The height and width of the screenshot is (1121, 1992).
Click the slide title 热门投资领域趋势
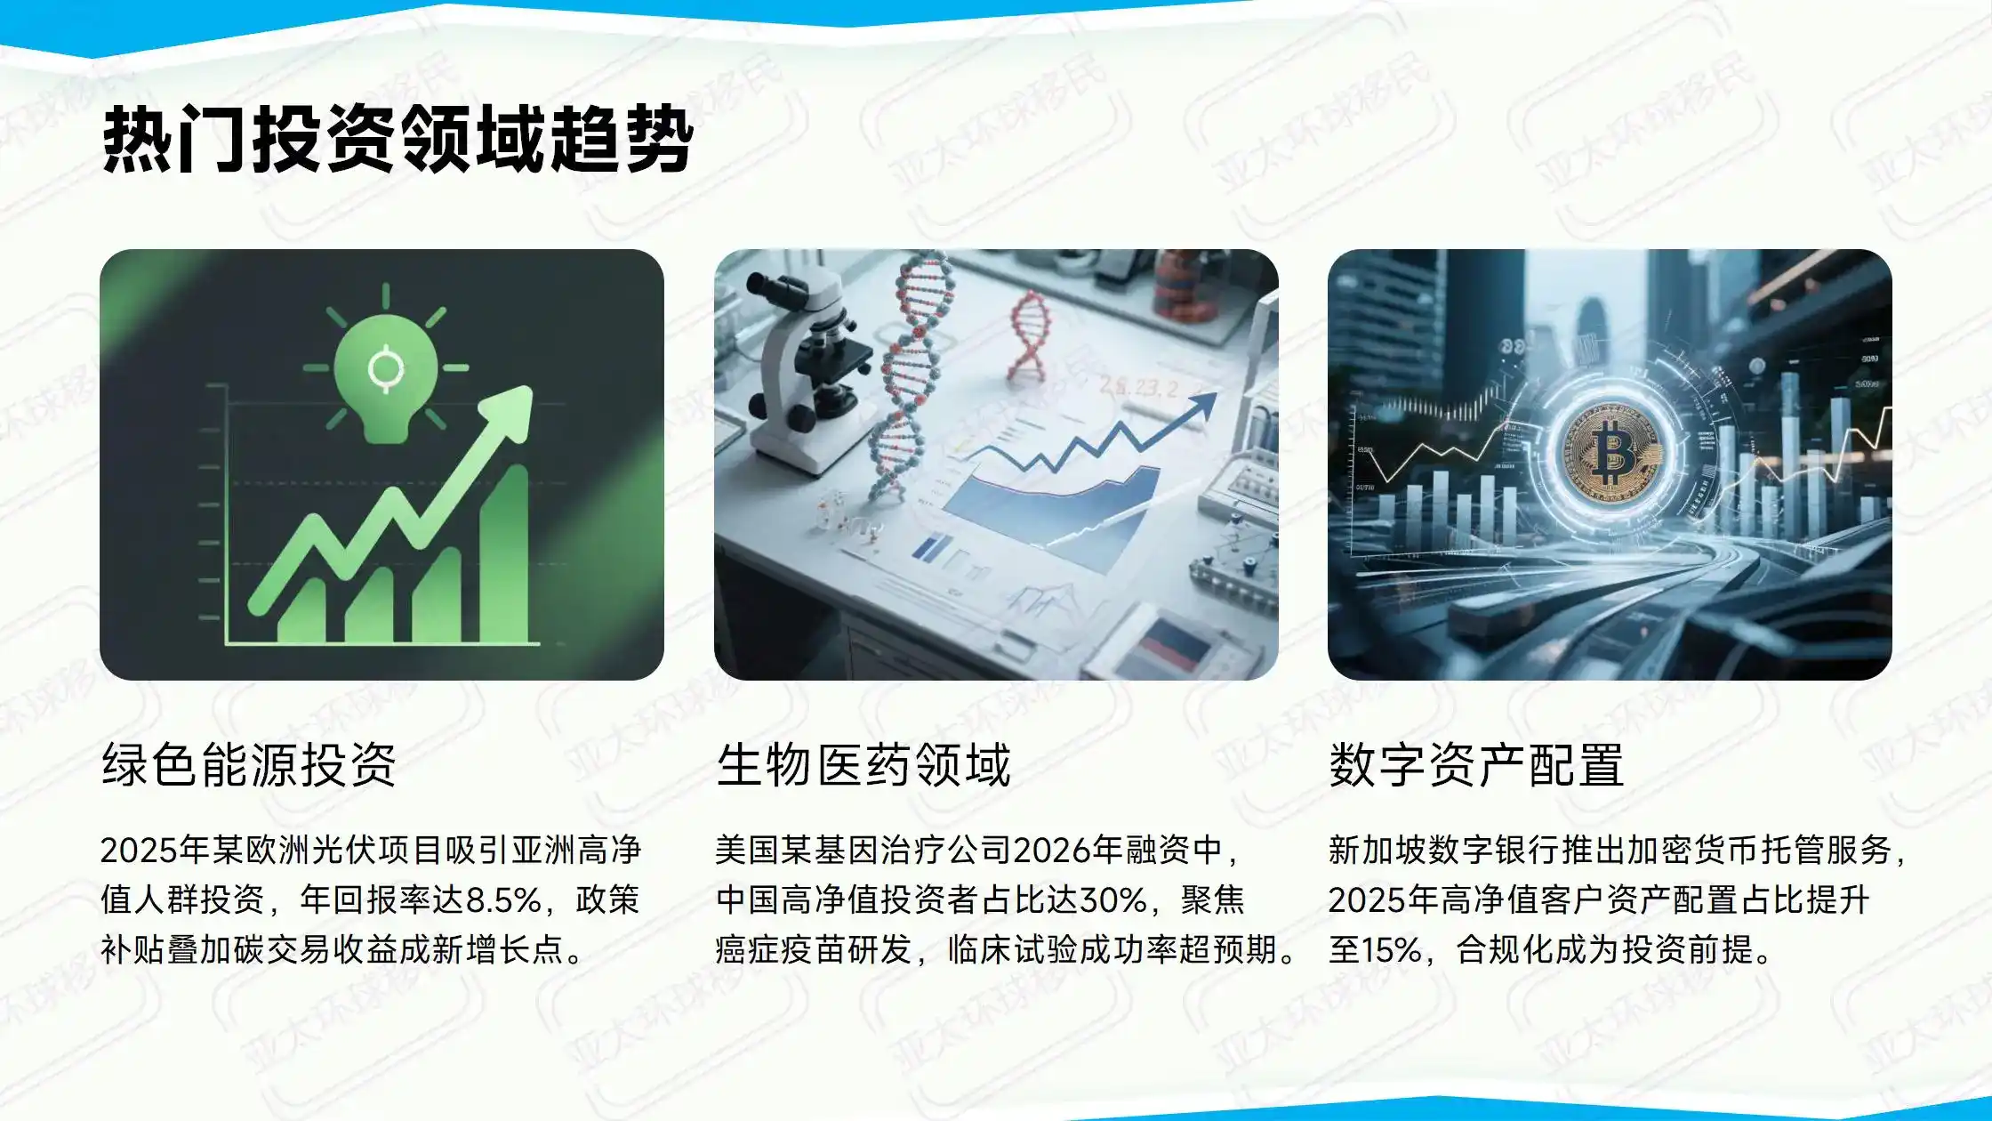click(398, 140)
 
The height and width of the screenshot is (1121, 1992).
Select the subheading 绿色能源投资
click(249, 765)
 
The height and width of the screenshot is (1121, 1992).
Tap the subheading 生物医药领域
click(863, 765)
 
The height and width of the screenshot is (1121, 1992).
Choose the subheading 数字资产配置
click(1476, 765)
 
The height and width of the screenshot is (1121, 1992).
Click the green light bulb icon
click(386, 374)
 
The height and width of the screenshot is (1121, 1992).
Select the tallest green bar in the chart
click(504, 552)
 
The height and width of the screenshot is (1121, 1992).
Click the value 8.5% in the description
click(503, 900)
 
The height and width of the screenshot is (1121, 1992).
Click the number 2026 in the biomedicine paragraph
click(1046, 851)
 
